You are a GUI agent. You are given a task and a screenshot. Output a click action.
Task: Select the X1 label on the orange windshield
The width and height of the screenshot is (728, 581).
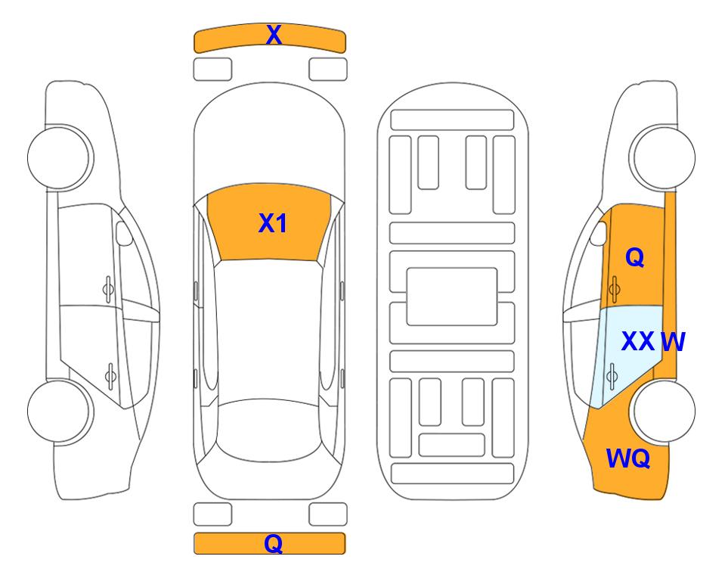[x=273, y=223]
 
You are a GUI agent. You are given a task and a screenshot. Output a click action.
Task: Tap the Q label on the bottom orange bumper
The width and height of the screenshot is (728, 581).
[x=274, y=543]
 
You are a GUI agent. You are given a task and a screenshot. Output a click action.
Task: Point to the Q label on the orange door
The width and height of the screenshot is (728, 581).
[x=635, y=257]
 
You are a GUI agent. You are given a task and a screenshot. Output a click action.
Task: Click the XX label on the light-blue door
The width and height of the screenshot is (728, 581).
[x=638, y=341]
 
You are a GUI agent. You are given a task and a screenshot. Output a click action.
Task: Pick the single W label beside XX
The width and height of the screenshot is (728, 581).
[x=673, y=342]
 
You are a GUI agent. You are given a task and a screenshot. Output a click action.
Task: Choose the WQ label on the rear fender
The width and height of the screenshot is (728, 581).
[x=628, y=458]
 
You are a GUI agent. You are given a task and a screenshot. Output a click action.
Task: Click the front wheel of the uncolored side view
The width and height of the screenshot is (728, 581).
[x=60, y=157]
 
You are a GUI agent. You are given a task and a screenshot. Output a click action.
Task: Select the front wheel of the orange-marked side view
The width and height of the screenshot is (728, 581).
[x=662, y=157]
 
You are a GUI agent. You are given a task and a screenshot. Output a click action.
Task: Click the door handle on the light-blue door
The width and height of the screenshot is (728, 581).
[x=612, y=376]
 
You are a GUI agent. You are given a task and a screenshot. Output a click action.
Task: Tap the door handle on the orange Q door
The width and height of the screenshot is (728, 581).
[x=615, y=289]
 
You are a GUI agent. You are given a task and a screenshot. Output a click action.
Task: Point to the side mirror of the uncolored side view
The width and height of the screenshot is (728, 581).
[x=123, y=233]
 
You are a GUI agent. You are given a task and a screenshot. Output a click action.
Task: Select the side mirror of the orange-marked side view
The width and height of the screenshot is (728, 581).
[x=599, y=233]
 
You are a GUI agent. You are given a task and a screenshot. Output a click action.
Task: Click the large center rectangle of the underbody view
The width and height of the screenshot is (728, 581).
[x=452, y=297]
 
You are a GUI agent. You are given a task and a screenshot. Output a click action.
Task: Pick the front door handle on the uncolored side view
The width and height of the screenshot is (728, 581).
[x=108, y=289]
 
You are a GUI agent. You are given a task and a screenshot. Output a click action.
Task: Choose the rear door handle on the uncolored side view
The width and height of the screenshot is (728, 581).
[x=110, y=376]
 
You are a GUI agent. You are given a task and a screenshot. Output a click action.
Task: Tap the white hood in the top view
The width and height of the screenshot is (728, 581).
[x=269, y=139]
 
